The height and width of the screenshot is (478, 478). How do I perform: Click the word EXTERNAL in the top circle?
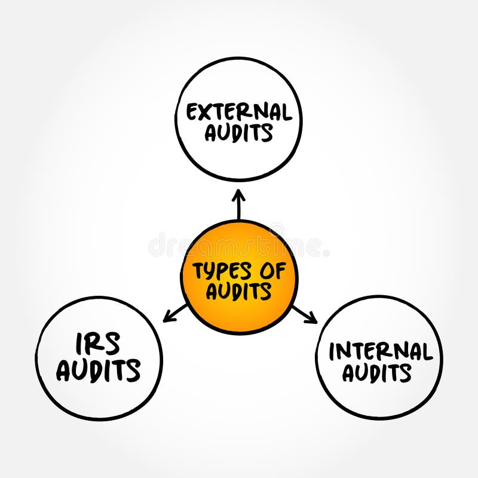238,112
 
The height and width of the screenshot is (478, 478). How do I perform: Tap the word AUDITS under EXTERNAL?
238,133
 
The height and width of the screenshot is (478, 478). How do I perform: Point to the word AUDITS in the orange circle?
238,291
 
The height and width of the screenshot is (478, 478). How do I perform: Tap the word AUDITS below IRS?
99,371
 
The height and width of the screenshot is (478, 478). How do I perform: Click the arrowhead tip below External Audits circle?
238,192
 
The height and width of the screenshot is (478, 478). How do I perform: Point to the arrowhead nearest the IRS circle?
166,320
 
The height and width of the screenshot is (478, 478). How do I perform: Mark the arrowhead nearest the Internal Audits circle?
314,321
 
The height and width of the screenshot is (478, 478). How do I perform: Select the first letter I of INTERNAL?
332,351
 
